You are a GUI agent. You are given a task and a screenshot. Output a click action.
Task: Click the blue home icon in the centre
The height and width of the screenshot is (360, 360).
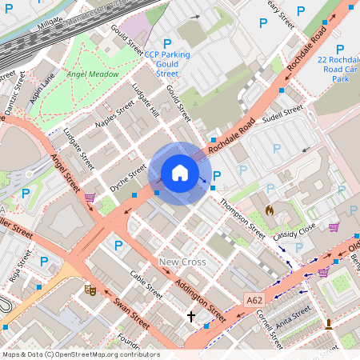click(x=180, y=173)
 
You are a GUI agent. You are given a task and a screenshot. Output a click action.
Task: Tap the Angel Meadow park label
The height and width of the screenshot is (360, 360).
click(x=93, y=74)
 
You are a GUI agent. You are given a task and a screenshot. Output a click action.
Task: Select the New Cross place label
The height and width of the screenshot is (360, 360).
click(x=182, y=262)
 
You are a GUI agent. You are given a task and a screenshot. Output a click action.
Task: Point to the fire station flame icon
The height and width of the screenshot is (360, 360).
click(x=270, y=210)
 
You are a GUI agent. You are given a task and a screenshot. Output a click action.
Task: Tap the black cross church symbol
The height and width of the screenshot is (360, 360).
click(x=190, y=317)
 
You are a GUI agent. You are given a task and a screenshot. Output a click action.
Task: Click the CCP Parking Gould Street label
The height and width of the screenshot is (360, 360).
click(x=167, y=64)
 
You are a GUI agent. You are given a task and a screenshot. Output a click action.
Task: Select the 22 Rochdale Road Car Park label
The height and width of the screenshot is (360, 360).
click(x=339, y=70)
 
